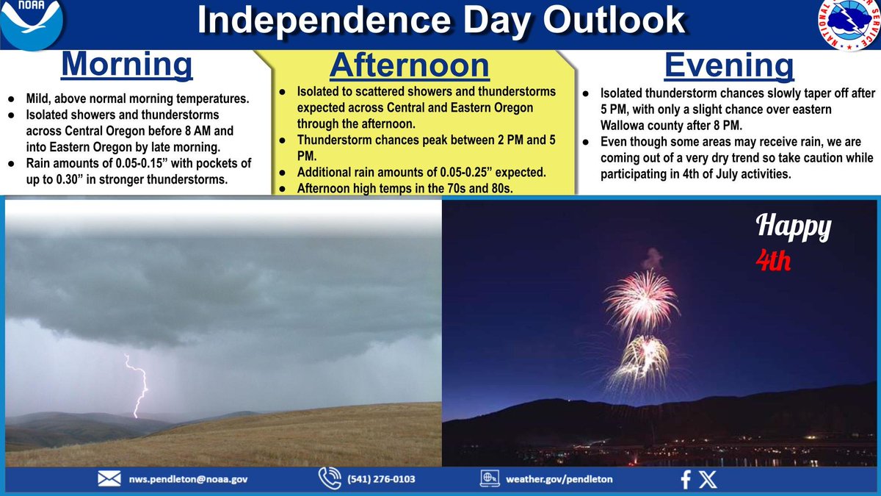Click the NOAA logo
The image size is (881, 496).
[x=32, y=24]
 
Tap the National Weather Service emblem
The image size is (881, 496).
[x=849, y=24]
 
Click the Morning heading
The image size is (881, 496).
[x=126, y=65]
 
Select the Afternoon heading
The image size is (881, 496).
[x=410, y=65]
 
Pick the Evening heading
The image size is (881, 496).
[x=729, y=66]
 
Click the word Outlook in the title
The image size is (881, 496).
[x=614, y=20]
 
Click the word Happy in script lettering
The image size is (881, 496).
[x=794, y=228]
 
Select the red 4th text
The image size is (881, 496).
[x=773, y=261]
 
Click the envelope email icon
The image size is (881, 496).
[x=109, y=479]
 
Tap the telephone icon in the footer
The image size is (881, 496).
[x=330, y=478]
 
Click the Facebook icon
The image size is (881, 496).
[x=686, y=480]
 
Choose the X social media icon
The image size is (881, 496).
[x=708, y=479]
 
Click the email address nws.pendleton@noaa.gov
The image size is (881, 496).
[x=189, y=479]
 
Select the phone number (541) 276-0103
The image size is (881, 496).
[x=381, y=479]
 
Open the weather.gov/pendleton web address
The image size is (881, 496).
[x=559, y=479]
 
